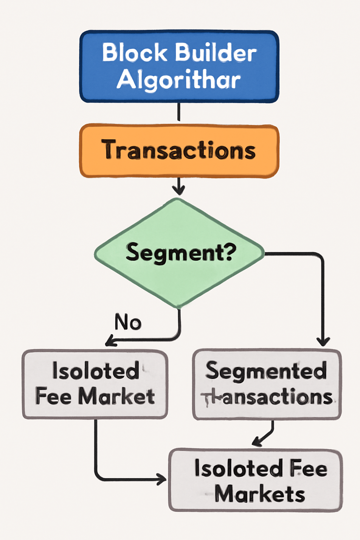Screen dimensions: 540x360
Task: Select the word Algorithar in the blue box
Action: tap(179, 79)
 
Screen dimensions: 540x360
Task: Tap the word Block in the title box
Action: tap(135, 53)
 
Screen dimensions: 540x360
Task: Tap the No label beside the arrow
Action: tap(128, 322)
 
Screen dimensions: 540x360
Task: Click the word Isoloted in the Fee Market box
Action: tap(96, 371)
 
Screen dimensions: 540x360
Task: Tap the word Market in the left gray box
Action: tap(116, 397)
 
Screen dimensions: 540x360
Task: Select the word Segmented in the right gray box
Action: tap(266, 371)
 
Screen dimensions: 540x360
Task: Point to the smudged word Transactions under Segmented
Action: tap(267, 397)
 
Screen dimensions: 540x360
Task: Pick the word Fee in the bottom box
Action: tap(308, 469)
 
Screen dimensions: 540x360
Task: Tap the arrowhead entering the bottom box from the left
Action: tap(162, 479)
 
